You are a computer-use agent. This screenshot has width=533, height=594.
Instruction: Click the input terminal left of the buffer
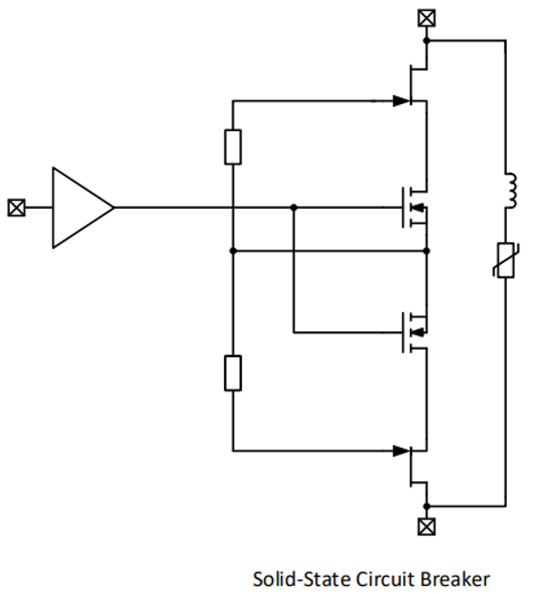point(16,208)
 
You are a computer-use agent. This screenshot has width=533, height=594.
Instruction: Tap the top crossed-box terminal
point(426,18)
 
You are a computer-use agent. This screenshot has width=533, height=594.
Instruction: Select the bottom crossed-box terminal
point(426,526)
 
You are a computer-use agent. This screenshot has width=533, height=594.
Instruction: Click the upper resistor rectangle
point(233,147)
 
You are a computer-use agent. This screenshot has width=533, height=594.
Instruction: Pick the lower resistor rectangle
point(233,372)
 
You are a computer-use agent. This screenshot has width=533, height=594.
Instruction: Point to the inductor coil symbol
point(511,191)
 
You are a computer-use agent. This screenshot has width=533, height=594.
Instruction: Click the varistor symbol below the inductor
point(506,260)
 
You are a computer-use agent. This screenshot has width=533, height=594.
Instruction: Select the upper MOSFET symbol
point(415,208)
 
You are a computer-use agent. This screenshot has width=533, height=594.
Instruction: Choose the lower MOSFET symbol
point(415,332)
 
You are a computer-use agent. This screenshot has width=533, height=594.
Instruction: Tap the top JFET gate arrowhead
point(402,101)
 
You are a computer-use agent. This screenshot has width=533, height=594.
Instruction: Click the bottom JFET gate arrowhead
point(402,451)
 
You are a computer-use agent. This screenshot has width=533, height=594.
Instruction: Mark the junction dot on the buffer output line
point(294,208)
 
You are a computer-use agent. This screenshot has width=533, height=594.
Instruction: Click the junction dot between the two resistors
point(233,250)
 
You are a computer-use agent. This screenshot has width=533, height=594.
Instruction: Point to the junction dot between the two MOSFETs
point(426,250)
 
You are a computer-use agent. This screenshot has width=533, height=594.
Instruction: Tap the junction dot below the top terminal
point(426,40)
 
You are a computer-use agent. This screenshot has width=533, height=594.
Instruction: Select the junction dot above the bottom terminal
point(426,506)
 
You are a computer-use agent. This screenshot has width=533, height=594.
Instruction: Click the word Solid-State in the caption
point(302,580)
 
